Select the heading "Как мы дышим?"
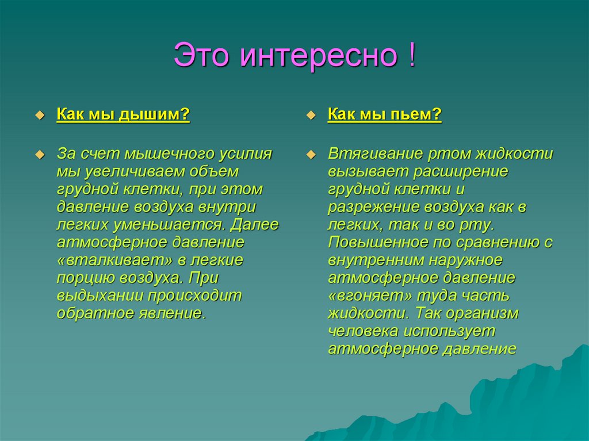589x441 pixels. point(123,116)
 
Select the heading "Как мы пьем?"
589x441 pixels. point(385,116)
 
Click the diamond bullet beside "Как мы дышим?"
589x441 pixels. point(40,116)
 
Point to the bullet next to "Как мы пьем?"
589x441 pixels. point(311,116)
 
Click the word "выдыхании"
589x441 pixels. point(100,296)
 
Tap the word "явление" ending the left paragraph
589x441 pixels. point(170,313)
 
